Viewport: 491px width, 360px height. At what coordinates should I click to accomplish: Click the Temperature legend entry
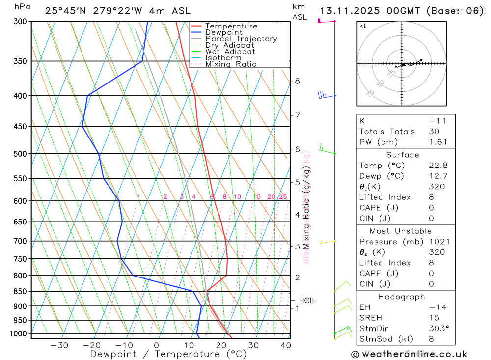click(x=231, y=26)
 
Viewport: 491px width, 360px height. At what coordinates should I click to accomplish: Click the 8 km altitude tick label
click(x=297, y=81)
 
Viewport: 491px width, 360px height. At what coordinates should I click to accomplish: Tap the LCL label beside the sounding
click(x=306, y=300)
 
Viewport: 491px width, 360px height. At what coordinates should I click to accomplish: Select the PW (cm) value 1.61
click(x=438, y=142)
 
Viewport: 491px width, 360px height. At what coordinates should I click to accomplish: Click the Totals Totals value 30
click(x=434, y=131)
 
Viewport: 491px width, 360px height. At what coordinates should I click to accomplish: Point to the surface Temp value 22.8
click(x=438, y=166)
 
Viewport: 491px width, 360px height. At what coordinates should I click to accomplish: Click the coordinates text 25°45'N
click(x=66, y=11)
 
